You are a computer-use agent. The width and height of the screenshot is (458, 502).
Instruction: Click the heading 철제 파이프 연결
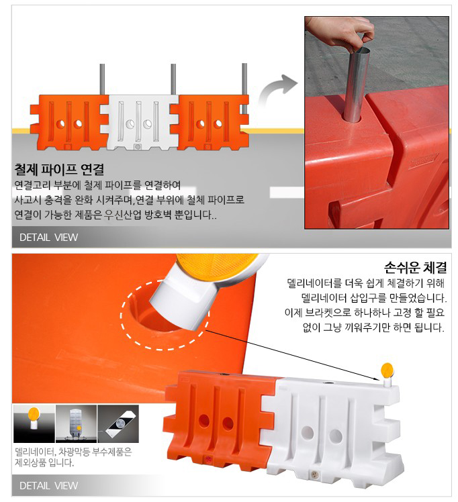(59, 169)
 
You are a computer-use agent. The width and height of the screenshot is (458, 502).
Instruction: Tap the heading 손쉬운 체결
(415, 267)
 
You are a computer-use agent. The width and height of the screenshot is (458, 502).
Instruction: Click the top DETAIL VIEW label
(48, 237)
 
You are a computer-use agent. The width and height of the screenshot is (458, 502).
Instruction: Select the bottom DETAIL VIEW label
(48, 485)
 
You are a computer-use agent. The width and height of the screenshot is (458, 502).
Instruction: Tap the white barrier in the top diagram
(140, 123)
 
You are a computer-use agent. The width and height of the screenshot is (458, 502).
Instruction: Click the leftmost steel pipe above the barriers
(103, 79)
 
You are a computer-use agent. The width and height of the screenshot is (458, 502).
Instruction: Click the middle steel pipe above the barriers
(173, 79)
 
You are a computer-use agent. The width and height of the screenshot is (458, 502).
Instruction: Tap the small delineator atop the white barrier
(387, 374)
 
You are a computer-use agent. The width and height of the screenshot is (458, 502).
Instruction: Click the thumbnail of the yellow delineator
(34, 423)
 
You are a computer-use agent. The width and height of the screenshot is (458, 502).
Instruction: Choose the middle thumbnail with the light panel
(77, 423)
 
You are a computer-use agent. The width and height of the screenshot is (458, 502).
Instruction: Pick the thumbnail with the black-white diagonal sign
(118, 423)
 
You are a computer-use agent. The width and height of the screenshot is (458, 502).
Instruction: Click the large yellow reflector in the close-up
(215, 265)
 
